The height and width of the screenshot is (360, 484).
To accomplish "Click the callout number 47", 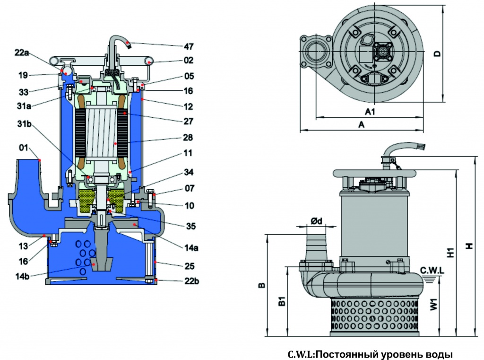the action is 189,46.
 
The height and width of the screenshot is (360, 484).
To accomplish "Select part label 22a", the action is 22,53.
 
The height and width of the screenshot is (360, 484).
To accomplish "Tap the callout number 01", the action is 24,148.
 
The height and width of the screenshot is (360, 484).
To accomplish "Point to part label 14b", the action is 23,276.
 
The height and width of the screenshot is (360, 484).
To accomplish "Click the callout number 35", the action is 191,226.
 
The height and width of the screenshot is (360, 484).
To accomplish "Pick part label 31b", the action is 24,124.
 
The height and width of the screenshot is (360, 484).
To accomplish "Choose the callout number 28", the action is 188,137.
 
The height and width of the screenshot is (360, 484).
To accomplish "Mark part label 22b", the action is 192,281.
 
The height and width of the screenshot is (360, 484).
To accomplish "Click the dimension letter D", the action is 437,53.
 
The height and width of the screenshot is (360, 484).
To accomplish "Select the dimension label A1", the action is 370,112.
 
